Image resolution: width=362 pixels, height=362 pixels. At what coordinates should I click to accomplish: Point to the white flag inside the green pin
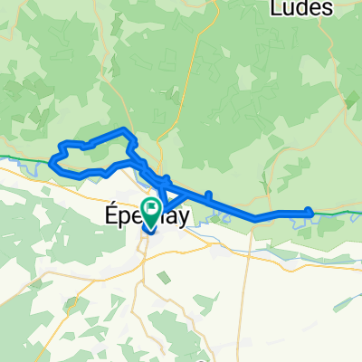coord(149,207)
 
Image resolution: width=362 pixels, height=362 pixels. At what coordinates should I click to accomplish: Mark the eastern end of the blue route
coord(310,213)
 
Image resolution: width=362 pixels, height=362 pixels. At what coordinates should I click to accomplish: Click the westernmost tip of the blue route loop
coord(51,162)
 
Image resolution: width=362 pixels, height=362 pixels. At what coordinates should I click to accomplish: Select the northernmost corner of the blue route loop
coord(126,129)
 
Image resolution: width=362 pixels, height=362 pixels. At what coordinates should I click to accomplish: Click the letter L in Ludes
coord(277,9)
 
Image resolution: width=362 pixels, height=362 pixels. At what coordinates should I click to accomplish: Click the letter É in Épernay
coord(102,214)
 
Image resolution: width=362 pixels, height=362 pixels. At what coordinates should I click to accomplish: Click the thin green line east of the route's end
coord(339,212)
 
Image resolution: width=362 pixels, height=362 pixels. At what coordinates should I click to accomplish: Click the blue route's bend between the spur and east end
coord(255,217)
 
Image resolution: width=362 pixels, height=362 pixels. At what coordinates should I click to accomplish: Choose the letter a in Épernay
coord(163,215)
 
